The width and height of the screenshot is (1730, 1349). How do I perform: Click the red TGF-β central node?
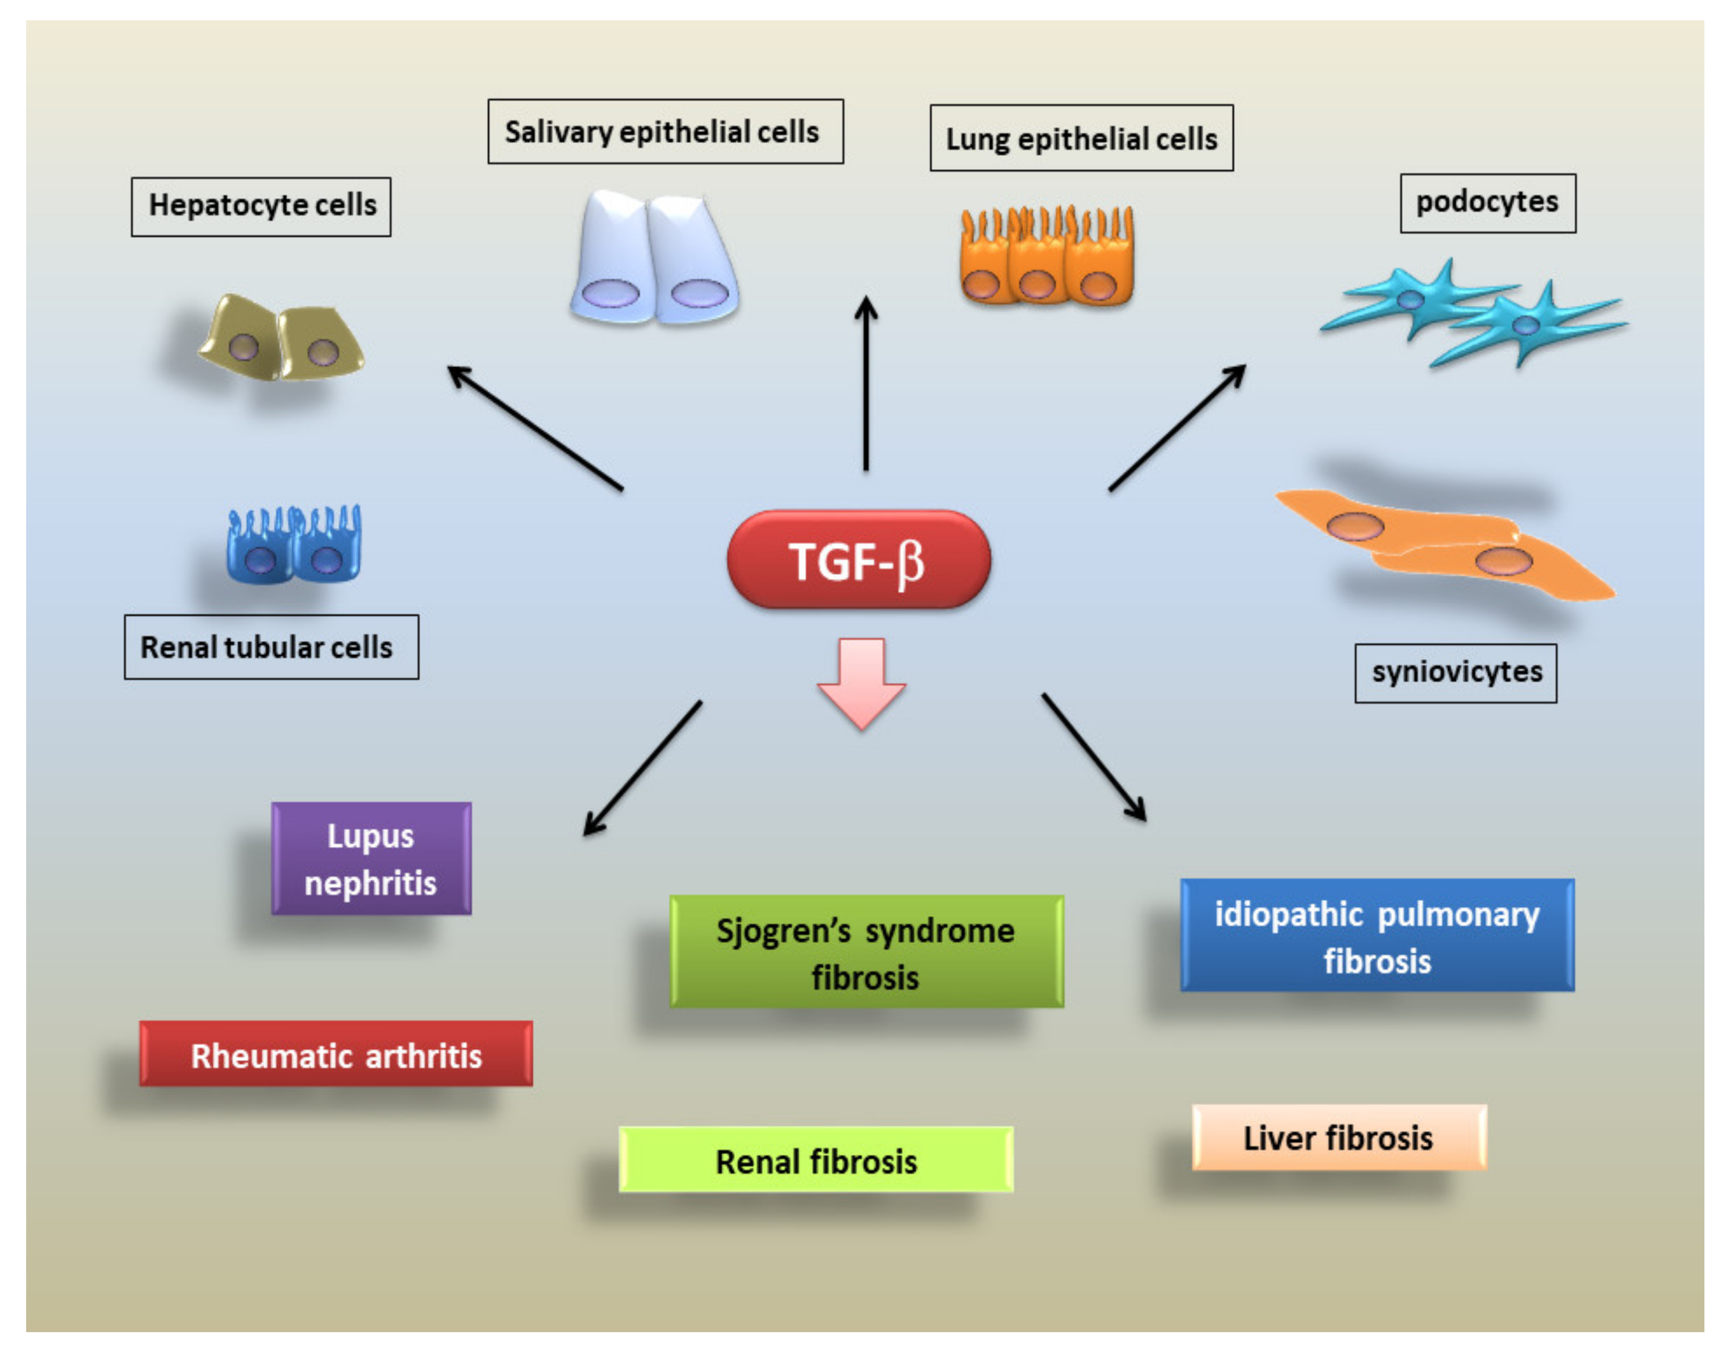859,559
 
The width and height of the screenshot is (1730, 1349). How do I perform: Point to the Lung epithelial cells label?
1081,138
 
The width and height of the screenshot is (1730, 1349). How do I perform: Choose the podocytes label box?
1488,203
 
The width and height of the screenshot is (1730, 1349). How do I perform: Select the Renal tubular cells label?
271,646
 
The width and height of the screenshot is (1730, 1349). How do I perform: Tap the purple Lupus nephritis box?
371,858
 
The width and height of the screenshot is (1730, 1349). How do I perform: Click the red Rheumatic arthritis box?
336,1054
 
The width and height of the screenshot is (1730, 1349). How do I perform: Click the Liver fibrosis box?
1339,1137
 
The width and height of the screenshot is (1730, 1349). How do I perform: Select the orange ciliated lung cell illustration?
1046,257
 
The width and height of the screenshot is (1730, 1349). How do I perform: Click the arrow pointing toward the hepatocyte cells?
535,428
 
